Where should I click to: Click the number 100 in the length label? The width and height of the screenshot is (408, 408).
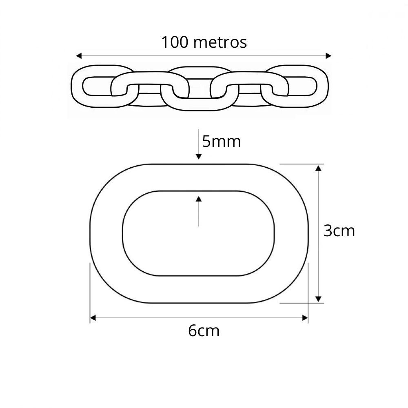pos(175,42)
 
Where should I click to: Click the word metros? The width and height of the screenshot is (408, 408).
pos(220,43)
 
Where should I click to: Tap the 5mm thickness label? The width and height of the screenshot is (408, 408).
pos(222,142)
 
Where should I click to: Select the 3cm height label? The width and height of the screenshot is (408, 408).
pos(339,231)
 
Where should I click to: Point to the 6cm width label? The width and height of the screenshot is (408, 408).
pos(204,331)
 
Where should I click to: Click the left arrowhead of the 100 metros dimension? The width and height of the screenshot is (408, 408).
pos(79,55)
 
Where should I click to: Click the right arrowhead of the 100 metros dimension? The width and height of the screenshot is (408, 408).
pos(328,55)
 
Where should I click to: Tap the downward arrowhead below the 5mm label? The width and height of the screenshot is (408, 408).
pos(199,157)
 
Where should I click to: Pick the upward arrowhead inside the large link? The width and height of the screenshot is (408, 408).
pos(199,199)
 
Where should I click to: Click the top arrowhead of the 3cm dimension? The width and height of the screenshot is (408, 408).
pos(318,168)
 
